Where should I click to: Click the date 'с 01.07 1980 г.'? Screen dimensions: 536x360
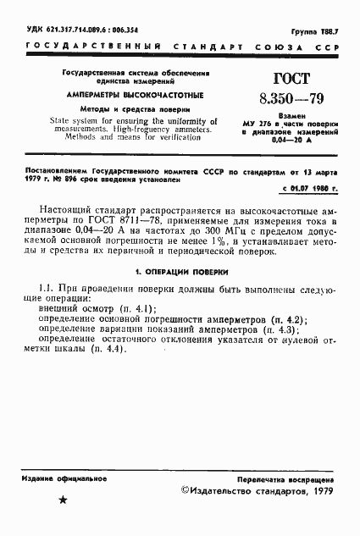(305, 187)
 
